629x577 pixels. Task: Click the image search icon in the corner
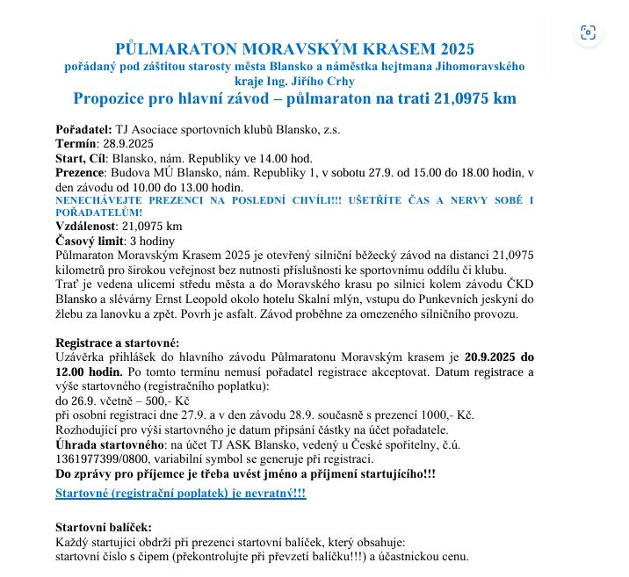(x=588, y=32)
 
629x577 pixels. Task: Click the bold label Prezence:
(x=81, y=172)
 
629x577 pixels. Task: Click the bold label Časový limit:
(x=90, y=241)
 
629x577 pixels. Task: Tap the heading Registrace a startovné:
(x=117, y=343)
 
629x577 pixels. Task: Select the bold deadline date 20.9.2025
(x=492, y=357)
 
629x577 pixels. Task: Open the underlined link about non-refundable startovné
(x=180, y=494)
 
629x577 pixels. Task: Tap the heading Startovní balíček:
(x=103, y=527)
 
